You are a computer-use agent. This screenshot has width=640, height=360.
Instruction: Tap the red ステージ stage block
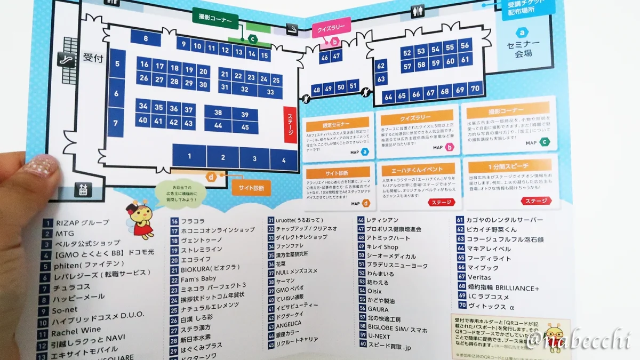(290, 125)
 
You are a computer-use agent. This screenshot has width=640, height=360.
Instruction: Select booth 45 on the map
(245, 127)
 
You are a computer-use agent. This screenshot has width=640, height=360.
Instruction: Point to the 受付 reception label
(93, 58)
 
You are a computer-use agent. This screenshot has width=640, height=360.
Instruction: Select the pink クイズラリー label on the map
(331, 26)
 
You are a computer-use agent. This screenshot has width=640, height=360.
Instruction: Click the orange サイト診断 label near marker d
(251, 187)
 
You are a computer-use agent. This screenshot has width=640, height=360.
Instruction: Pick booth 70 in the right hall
(474, 89)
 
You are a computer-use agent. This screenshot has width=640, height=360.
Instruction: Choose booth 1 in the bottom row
(189, 156)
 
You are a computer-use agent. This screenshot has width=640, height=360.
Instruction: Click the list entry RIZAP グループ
(82, 223)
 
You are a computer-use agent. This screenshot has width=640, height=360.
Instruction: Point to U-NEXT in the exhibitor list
(378, 337)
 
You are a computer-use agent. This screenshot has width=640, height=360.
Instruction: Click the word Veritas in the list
(478, 277)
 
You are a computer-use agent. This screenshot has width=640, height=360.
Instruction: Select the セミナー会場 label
(523, 49)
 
